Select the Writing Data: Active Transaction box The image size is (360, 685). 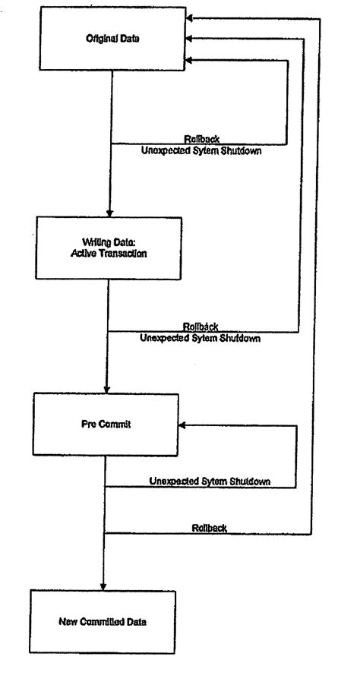pyautogui.click(x=111, y=248)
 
